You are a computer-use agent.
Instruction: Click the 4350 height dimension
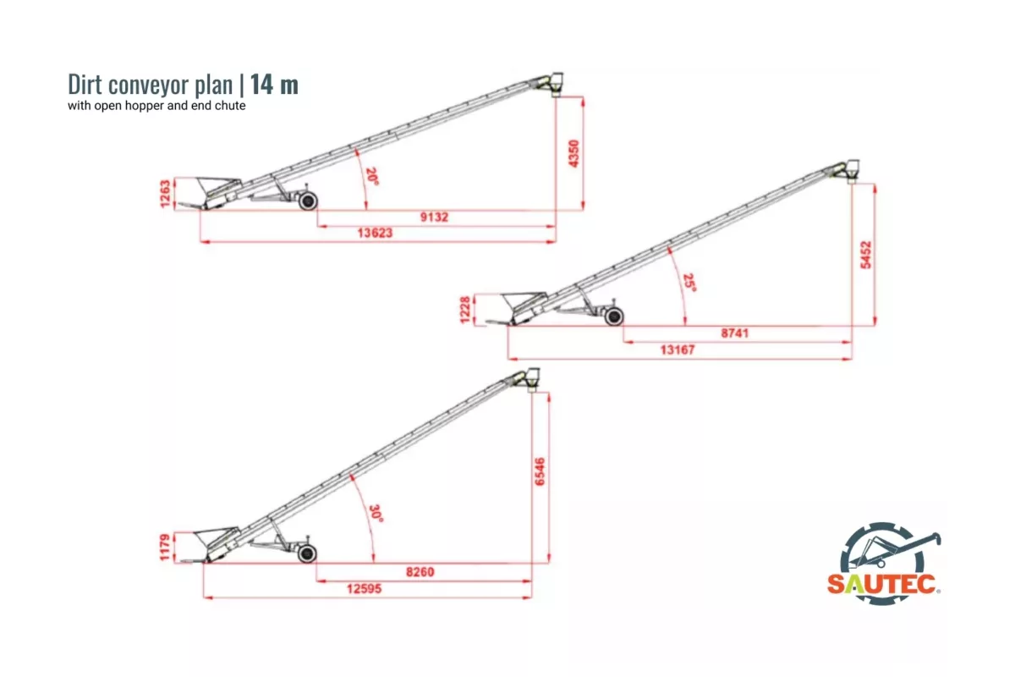click(573, 154)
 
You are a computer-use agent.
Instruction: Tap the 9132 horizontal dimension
click(434, 217)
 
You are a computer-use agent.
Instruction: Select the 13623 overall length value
click(375, 233)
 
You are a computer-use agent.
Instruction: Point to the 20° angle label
click(372, 176)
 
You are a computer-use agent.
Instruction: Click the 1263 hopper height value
click(166, 194)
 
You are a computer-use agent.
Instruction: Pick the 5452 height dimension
click(865, 255)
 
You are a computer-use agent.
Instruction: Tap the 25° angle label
click(689, 282)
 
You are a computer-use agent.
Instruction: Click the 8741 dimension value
click(734, 333)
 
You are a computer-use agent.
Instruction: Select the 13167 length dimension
click(678, 350)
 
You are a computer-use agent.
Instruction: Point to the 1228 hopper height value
click(465, 311)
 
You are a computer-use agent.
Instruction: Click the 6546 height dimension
click(540, 472)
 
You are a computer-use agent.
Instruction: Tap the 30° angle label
click(376, 514)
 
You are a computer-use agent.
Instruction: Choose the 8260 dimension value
click(420, 572)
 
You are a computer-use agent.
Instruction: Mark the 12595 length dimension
click(364, 589)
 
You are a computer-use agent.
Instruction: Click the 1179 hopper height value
click(165, 548)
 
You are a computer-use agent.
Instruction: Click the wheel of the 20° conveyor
click(308, 201)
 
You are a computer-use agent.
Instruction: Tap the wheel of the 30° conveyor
click(307, 553)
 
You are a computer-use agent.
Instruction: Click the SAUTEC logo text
click(882, 584)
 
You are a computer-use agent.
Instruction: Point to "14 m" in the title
click(274, 85)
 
